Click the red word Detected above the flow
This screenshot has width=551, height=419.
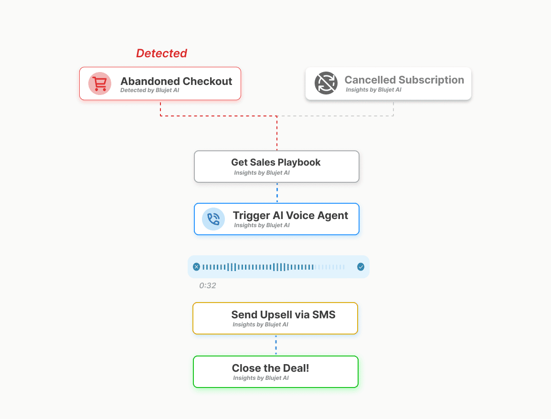161,53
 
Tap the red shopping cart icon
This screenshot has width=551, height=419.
100,84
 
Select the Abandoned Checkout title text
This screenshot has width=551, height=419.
176,81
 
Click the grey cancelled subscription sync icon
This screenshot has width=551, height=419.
326,83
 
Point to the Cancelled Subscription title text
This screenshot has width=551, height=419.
404,80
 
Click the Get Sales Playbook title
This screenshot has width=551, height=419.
275,162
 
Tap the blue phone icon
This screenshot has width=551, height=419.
213,219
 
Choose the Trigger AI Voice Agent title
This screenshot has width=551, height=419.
290,215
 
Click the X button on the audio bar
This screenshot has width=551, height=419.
196,267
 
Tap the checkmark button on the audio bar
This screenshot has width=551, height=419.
361,267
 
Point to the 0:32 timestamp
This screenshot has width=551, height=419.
208,286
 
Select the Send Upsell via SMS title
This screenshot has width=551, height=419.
283,314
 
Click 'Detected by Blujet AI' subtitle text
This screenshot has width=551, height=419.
149,90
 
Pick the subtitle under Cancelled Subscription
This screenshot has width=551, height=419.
373,90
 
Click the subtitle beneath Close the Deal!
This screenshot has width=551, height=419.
261,378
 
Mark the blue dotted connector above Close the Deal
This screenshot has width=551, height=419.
276,345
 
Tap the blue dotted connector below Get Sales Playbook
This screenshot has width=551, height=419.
277,193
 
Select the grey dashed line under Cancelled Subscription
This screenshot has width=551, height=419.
393,109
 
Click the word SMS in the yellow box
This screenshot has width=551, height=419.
324,314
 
